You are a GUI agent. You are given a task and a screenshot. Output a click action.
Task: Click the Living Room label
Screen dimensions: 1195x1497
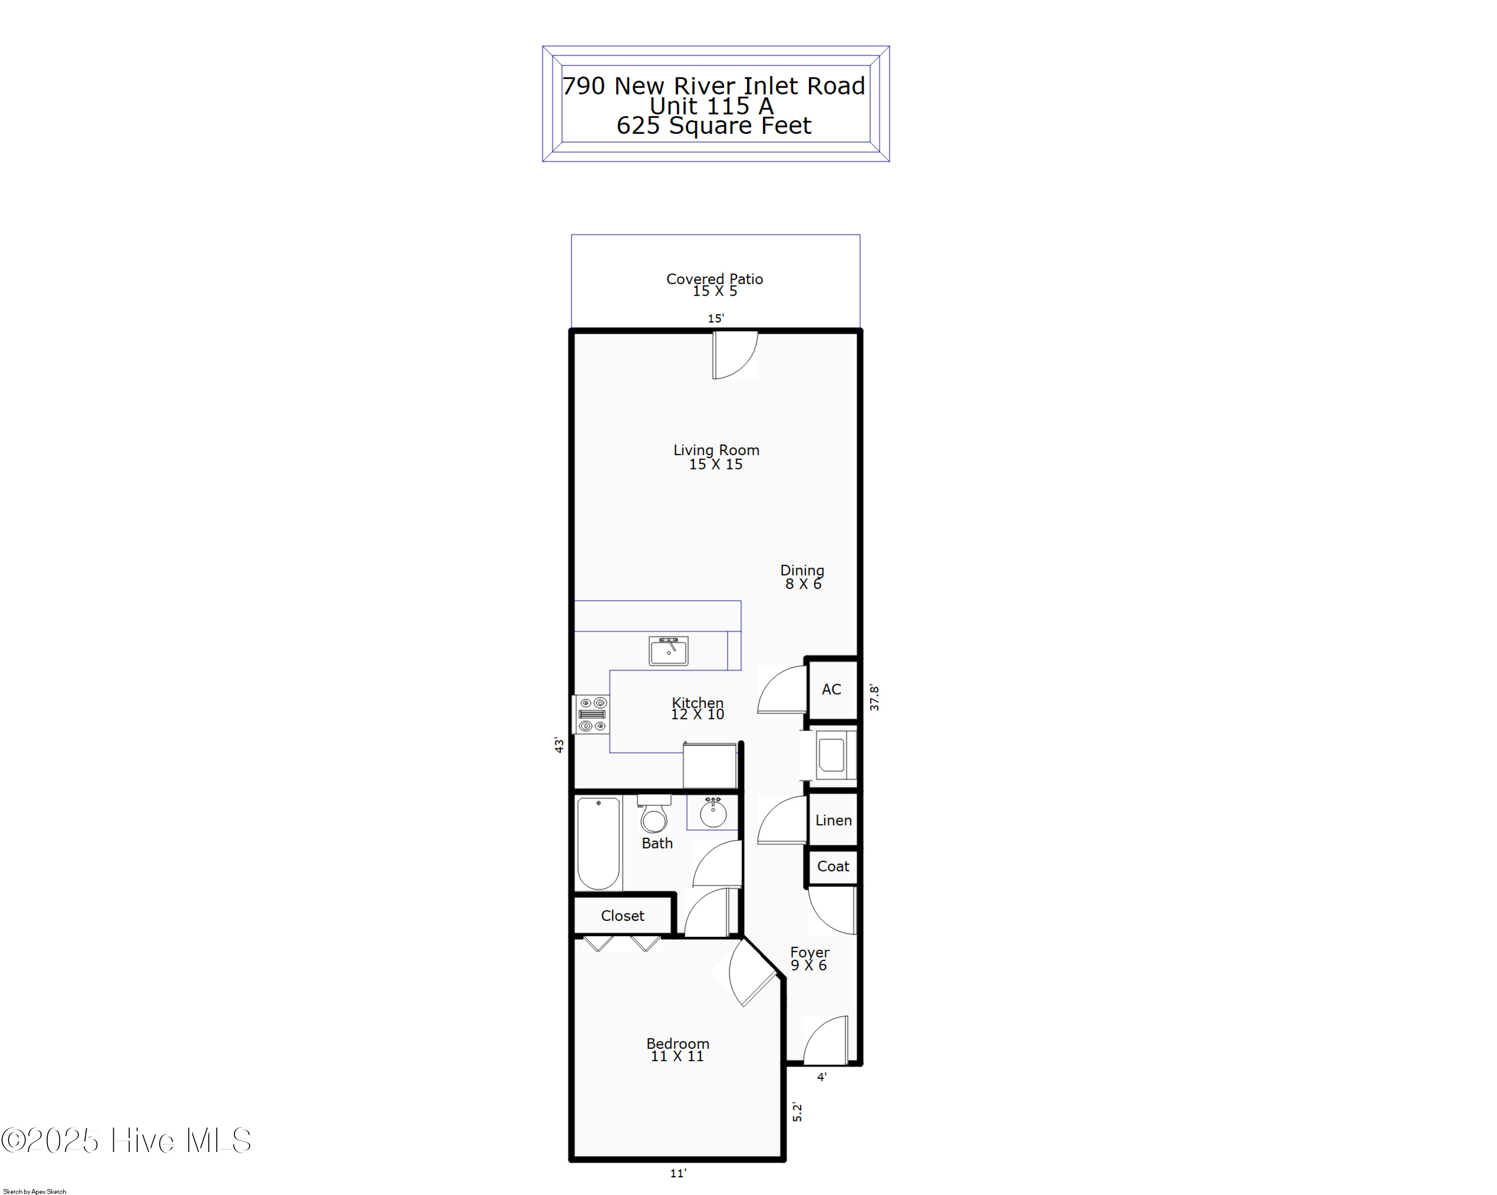point(716,456)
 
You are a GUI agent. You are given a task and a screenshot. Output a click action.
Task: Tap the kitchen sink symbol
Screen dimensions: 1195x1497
point(668,651)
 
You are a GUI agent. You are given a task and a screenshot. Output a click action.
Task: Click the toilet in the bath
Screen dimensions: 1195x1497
point(653,814)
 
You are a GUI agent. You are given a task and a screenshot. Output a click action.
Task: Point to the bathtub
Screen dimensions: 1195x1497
point(598,843)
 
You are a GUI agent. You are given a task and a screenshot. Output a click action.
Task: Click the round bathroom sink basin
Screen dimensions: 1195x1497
point(713,813)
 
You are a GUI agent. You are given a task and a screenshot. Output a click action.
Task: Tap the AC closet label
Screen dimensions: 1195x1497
point(831,689)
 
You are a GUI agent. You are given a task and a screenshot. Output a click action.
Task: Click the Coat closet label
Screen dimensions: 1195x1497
point(832,866)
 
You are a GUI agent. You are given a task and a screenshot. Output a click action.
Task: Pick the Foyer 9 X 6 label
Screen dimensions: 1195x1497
point(809,958)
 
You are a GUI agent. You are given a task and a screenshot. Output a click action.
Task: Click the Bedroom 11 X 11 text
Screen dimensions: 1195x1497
point(677,1049)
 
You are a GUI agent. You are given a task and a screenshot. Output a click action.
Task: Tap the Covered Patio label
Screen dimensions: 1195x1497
point(715,284)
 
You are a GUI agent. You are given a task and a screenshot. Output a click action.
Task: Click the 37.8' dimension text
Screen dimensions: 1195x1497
point(874,698)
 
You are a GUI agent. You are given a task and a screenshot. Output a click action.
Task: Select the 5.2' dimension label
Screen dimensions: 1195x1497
point(797,1112)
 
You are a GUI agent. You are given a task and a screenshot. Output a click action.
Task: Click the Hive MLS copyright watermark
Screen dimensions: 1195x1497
point(126,1140)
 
